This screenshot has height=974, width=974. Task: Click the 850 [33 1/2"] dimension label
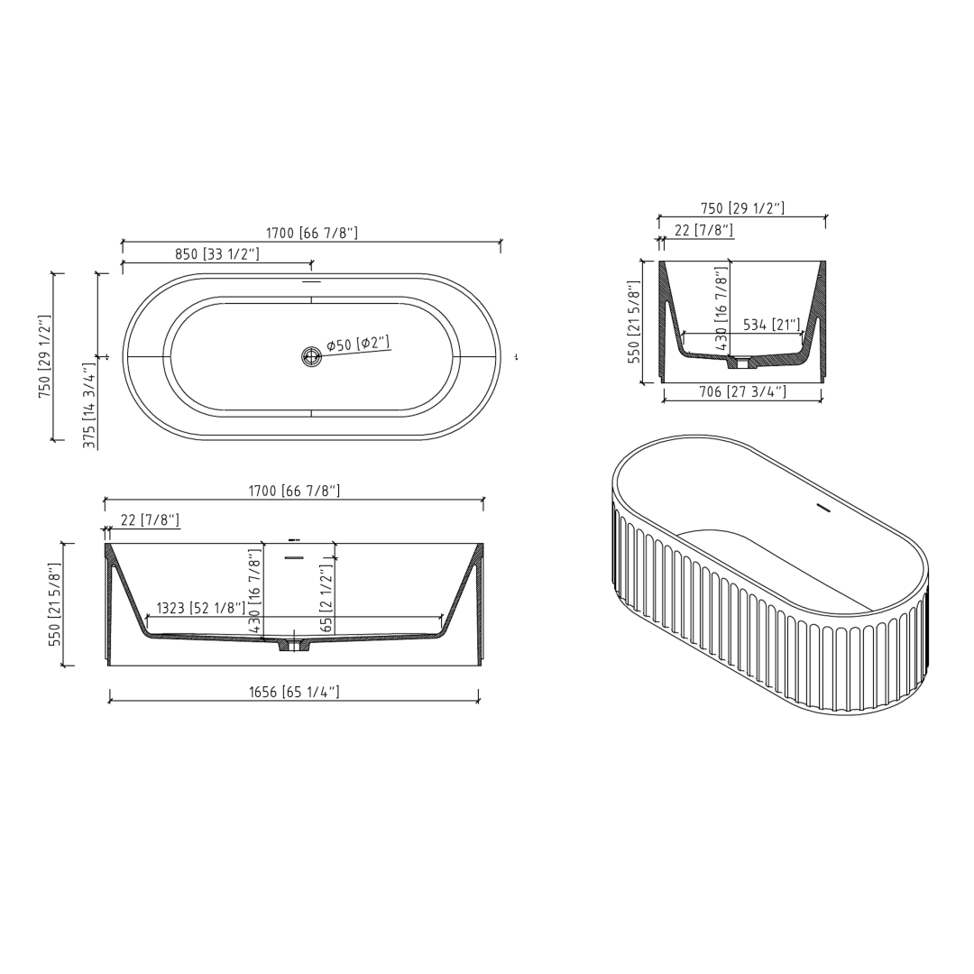(x=216, y=254)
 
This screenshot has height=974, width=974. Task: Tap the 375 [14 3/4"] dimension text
(x=90, y=405)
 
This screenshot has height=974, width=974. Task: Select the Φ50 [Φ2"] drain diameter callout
(x=358, y=344)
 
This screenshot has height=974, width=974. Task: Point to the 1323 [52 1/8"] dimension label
(x=200, y=608)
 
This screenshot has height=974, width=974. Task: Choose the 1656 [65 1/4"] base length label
(x=294, y=693)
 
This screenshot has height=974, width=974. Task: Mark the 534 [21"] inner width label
(x=771, y=325)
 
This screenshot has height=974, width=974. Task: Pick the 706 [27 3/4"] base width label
(x=743, y=391)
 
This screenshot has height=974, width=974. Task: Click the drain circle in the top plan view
(x=311, y=356)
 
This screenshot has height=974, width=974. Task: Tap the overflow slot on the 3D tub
(x=822, y=509)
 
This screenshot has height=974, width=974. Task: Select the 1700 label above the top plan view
(x=311, y=233)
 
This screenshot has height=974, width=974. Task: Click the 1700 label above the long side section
(x=294, y=491)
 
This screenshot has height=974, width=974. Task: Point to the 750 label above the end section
(x=742, y=208)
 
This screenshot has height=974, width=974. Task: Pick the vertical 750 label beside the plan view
(x=44, y=356)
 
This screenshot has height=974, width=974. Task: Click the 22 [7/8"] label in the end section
(x=703, y=230)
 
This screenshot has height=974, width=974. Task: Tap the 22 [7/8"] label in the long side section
(x=150, y=520)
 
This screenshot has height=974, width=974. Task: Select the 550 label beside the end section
(x=634, y=321)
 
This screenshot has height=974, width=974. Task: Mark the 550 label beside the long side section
(x=55, y=604)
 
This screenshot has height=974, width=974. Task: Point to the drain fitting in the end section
(x=741, y=363)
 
